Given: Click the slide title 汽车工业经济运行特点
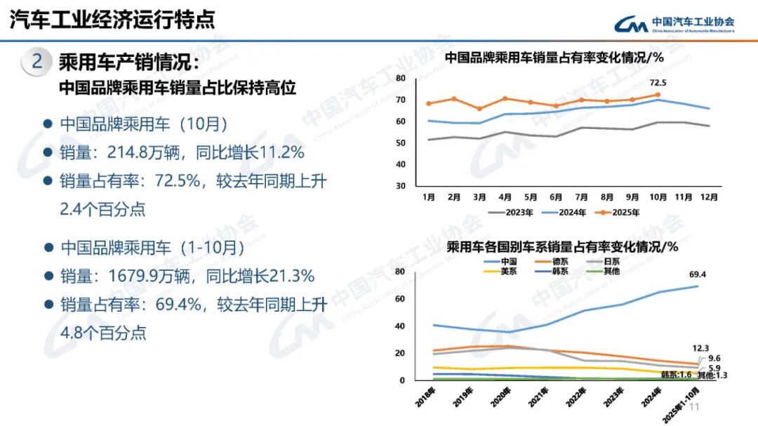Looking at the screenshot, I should click(112, 19).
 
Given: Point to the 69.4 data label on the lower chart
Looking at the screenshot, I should click(697, 274).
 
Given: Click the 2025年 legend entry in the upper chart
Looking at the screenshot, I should click(617, 212).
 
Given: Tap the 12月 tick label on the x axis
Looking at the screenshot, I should click(709, 197).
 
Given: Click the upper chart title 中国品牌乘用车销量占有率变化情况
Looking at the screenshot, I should click(554, 58).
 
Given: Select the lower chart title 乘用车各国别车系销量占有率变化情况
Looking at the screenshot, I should click(561, 247).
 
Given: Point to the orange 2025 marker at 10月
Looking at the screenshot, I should click(658, 95).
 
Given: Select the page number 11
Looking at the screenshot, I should click(696, 408).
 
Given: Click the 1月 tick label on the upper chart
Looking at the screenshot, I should click(430, 197).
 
